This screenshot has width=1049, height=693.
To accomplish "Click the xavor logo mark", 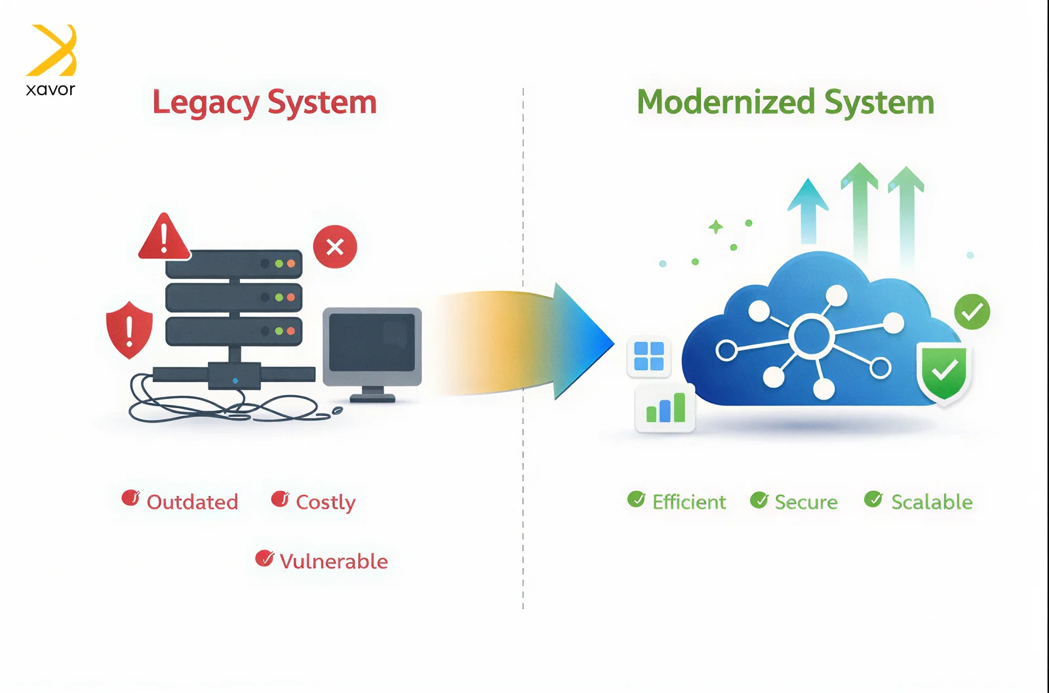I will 52,51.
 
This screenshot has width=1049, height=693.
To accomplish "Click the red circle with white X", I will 335,247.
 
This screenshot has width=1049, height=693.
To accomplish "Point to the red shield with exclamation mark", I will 130,330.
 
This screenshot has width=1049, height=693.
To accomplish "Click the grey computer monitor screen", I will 372,342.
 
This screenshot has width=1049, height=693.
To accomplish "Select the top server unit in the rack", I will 233,264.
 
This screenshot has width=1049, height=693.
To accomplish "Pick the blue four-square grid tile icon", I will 649,356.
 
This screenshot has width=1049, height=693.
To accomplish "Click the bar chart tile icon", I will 665,408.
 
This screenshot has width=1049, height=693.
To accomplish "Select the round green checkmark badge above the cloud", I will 972,312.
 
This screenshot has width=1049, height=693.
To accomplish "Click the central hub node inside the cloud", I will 812,336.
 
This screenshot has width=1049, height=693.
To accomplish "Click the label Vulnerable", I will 333,562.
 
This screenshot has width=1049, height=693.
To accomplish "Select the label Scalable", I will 931,503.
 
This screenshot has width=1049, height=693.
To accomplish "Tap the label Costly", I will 325,503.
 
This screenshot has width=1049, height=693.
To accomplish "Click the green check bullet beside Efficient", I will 636,500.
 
